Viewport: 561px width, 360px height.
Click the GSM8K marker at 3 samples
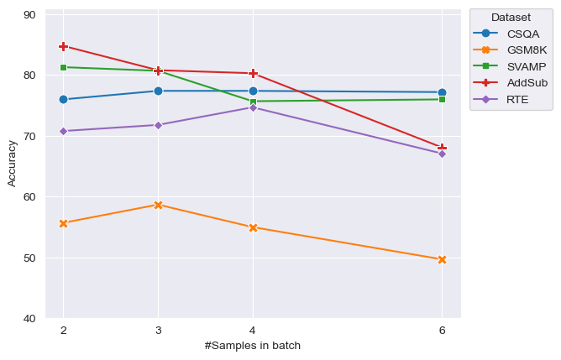tap(158, 205)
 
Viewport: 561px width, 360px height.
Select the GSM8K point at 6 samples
tap(442, 259)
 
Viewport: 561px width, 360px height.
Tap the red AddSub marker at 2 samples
tap(63, 46)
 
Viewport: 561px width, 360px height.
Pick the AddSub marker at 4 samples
tap(253, 73)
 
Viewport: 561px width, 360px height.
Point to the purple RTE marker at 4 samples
tap(253, 107)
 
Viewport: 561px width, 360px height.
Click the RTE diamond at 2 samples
tap(63, 131)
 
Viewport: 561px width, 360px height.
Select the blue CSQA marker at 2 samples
tap(63, 99)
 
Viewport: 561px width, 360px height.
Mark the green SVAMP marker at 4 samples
tap(253, 102)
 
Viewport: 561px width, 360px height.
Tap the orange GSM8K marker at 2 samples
tap(63, 223)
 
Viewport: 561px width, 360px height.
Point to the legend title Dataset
tap(511, 17)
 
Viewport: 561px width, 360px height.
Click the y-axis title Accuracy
tap(12, 164)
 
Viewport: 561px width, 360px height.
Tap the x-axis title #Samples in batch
tap(252, 346)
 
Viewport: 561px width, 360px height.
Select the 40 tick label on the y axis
tap(29, 319)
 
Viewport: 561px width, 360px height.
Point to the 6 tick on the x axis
tap(442, 331)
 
